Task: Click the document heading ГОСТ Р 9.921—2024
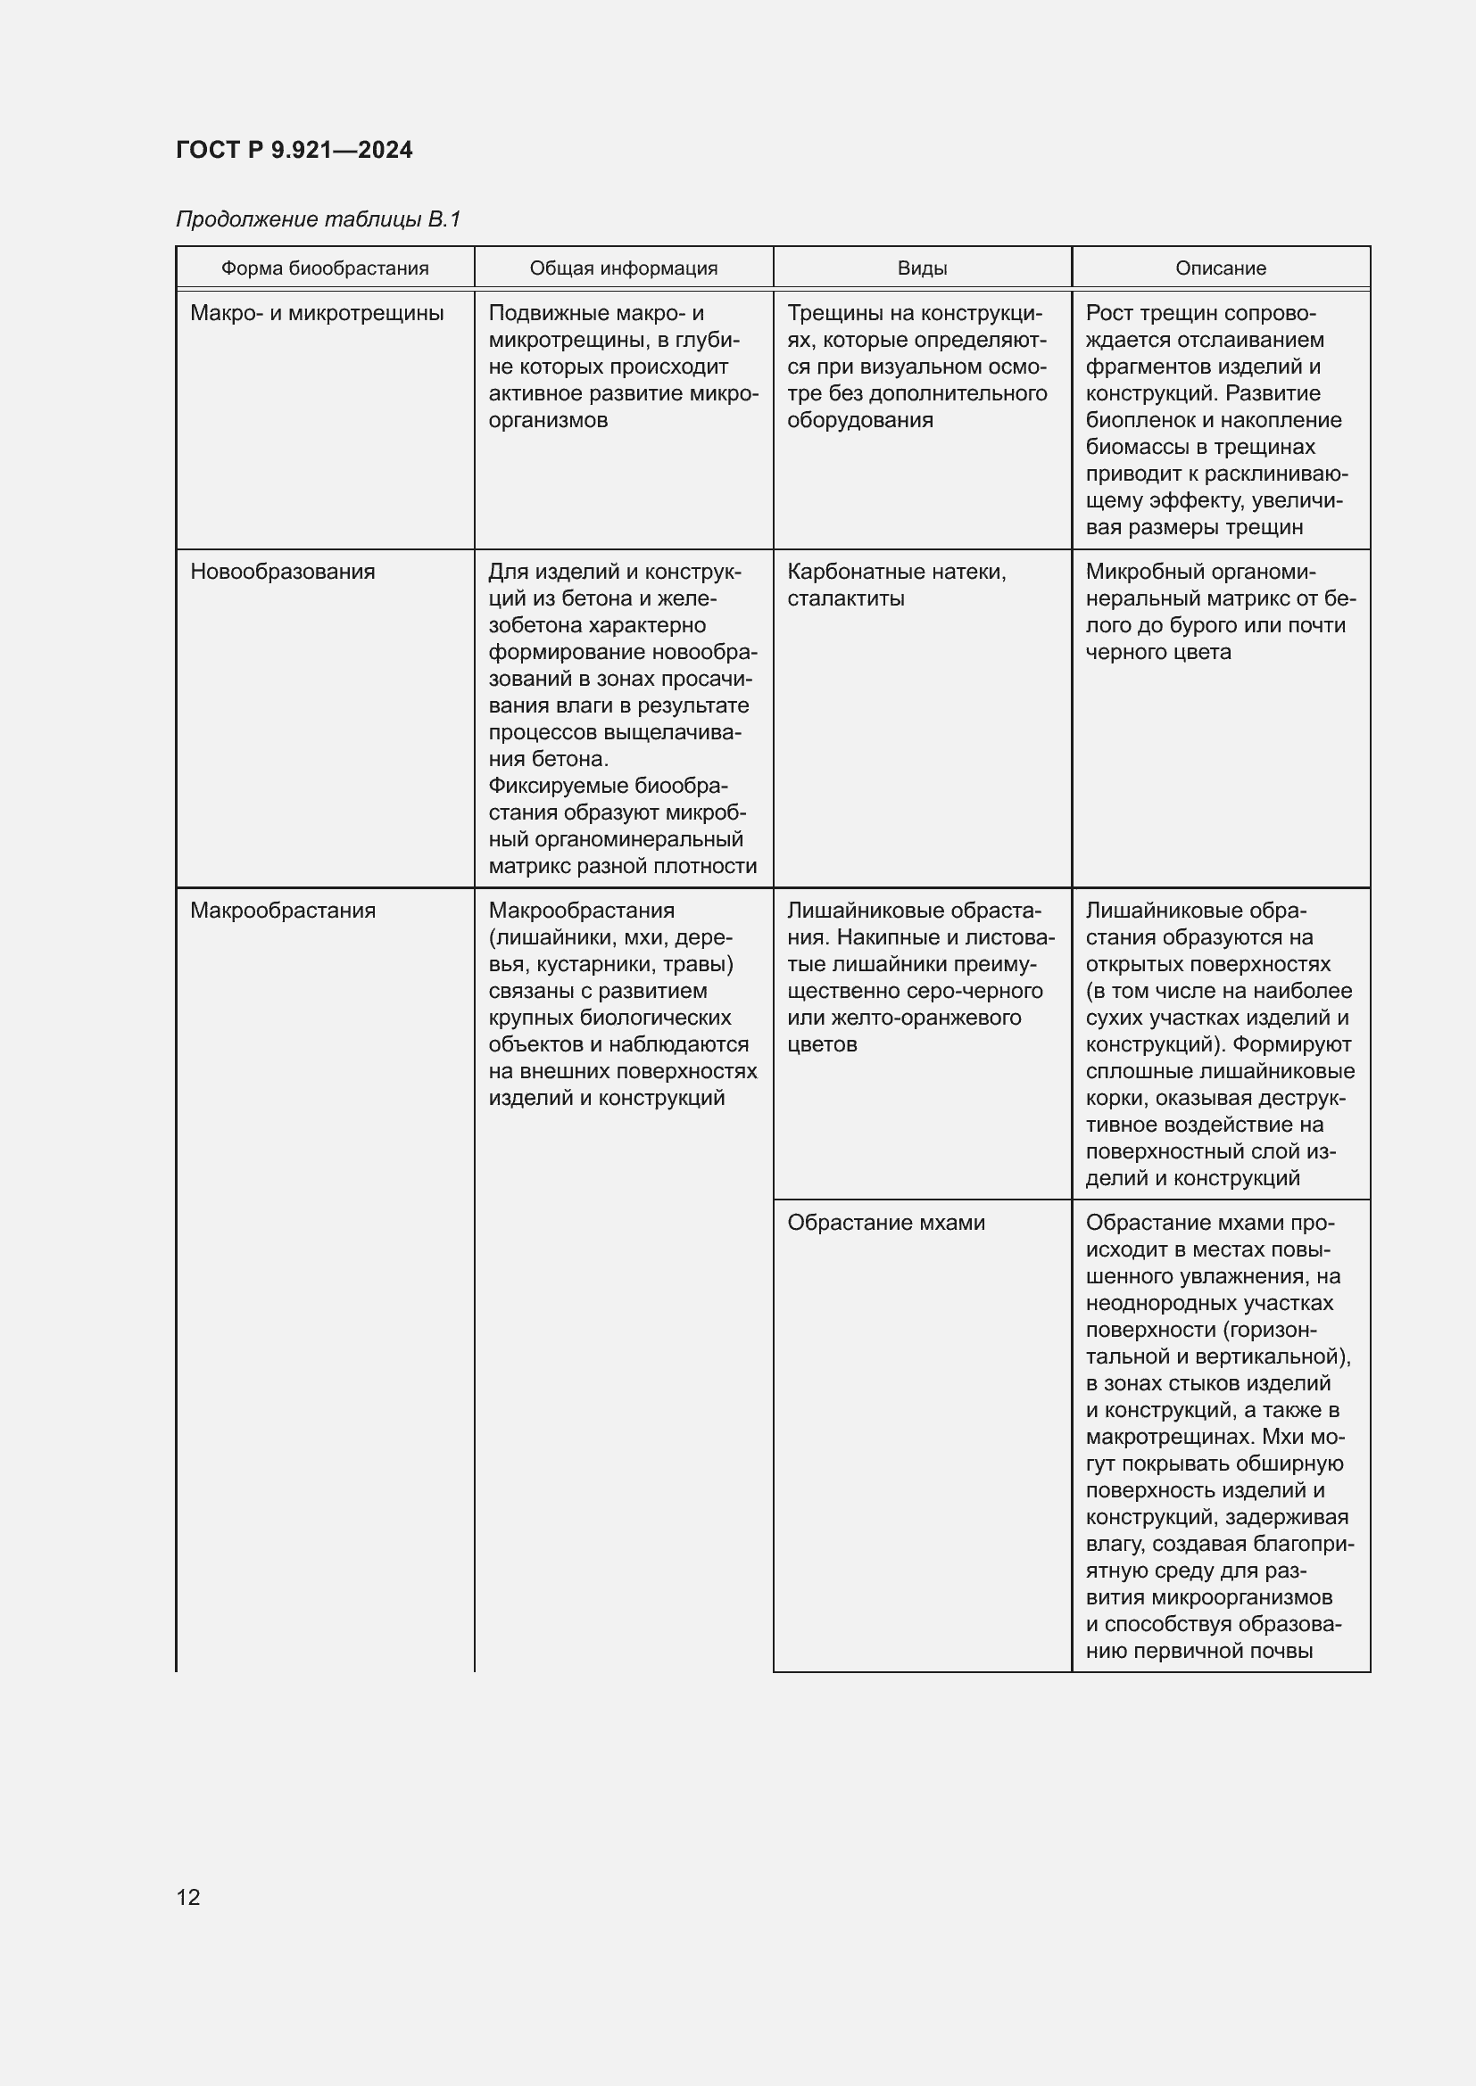(x=294, y=150)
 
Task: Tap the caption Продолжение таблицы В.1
(x=318, y=219)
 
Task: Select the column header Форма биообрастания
(x=325, y=268)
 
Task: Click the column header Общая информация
(x=624, y=268)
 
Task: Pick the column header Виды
(x=922, y=268)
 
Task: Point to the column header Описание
(x=1220, y=268)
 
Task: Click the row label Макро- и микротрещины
(x=316, y=313)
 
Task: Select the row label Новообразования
(x=282, y=572)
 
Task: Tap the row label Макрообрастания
(x=283, y=911)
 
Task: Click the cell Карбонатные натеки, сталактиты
(x=896, y=584)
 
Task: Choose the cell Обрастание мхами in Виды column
(x=885, y=1222)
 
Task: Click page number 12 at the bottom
(x=188, y=1897)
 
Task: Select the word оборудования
(x=859, y=420)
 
